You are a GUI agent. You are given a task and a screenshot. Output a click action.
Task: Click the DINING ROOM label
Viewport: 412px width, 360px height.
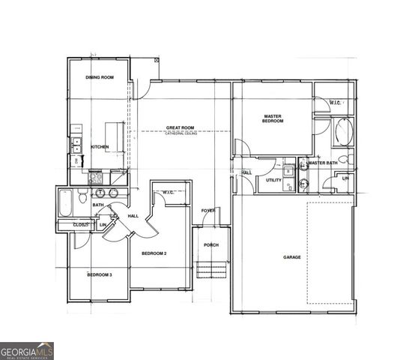(99, 77)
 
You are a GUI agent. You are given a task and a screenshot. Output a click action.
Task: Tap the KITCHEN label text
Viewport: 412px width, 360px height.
(100, 147)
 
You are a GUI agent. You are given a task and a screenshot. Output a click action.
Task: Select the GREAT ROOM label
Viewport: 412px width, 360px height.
(181, 129)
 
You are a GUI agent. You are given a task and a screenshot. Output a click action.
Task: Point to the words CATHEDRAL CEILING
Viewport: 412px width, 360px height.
(181, 134)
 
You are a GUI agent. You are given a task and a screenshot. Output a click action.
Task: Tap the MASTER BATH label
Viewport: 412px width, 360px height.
(324, 163)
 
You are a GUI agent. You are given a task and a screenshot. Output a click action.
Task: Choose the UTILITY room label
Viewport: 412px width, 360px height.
(273, 180)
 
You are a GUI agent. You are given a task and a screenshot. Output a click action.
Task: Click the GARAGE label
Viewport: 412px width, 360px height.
(291, 257)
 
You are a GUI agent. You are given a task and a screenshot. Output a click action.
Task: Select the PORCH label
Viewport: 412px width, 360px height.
(210, 245)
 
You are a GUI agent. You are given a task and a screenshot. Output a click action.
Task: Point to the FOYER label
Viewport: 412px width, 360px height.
(207, 211)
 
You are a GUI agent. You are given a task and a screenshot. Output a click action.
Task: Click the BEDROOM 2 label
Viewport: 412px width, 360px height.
(154, 253)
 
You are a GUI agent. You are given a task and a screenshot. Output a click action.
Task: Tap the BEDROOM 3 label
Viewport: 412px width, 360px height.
(99, 274)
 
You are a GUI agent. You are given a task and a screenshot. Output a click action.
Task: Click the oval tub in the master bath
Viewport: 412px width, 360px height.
(344, 133)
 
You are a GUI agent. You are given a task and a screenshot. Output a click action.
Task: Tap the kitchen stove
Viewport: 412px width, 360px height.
(96, 178)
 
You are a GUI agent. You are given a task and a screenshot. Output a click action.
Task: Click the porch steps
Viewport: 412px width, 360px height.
(211, 270)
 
